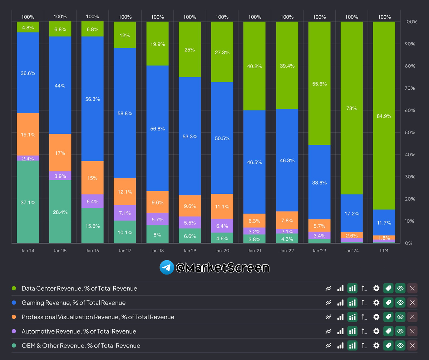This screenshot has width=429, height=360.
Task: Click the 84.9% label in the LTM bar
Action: tap(384, 116)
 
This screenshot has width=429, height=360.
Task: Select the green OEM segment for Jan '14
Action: tap(28, 202)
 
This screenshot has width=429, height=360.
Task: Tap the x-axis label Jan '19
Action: tap(189, 251)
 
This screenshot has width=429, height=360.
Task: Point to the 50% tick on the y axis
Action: tap(411, 133)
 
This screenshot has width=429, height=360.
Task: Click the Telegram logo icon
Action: tap(167, 267)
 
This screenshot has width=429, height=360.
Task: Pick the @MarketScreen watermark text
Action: tap(222, 267)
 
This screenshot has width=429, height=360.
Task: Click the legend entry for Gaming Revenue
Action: tap(74, 303)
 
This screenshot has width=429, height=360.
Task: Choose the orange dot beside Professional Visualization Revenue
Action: tap(14, 317)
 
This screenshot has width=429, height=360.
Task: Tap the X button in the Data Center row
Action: tap(412, 288)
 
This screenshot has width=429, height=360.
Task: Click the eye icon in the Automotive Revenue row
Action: tap(400, 331)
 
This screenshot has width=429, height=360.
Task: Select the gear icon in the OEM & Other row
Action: tap(376, 346)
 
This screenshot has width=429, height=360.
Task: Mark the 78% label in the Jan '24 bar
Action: tap(351, 108)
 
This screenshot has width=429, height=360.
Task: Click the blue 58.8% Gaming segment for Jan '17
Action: tap(125, 113)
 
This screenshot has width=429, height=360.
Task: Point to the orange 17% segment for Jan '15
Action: tap(60, 153)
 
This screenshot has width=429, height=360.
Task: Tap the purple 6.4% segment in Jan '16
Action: tap(92, 201)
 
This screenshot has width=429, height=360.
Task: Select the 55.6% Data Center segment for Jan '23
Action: tap(319, 84)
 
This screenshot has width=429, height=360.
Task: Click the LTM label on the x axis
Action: tap(384, 251)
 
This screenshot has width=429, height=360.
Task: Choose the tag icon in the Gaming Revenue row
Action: tap(388, 303)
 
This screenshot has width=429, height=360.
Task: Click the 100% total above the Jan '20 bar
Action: tap(222, 17)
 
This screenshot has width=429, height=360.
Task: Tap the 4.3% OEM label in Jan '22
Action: tap(287, 239)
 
